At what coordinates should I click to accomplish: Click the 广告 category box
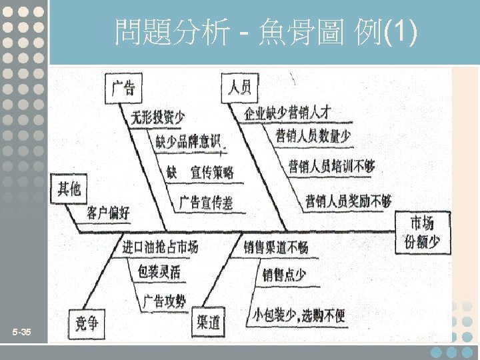(122, 88)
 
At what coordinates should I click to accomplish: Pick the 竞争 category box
(86, 324)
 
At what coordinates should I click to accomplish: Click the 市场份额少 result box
(422, 232)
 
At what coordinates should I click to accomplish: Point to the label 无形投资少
(158, 118)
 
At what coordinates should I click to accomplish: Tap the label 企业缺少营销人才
(287, 112)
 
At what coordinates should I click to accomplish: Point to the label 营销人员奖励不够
(348, 200)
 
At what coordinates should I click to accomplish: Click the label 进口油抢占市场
(160, 247)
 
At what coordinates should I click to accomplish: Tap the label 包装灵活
(159, 272)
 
